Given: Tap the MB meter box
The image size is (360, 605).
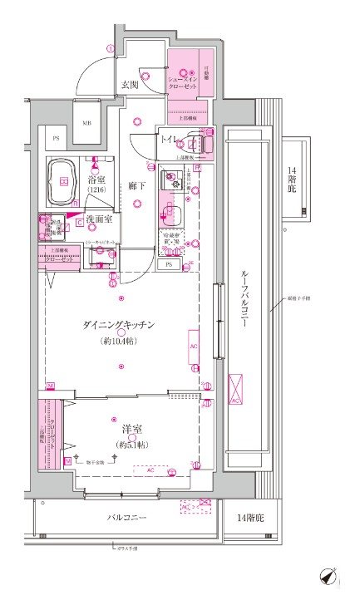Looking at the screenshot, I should pos(86,124).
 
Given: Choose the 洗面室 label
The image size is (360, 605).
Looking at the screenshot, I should pos(99,219).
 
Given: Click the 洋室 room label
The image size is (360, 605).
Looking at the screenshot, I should pos(131,429).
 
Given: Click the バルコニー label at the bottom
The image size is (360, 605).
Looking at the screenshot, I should pos(127,518).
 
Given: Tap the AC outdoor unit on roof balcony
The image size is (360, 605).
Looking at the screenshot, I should pos(237,388).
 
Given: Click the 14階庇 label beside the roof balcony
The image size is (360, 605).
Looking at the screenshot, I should pos(292,181).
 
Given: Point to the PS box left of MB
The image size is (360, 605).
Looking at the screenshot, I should pos(57,138).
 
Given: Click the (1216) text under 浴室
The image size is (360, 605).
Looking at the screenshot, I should pos(96,191).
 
